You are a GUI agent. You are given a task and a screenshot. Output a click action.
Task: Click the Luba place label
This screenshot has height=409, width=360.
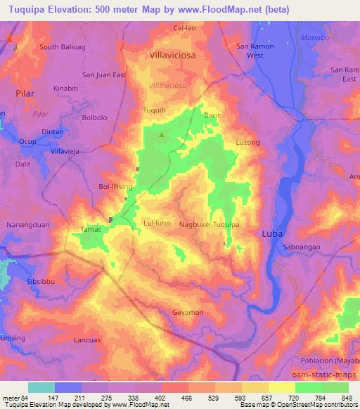[272, 233]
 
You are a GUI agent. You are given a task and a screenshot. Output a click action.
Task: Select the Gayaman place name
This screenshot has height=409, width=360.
[188, 312]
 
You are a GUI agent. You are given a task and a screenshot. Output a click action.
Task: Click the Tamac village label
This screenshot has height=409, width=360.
[92, 230]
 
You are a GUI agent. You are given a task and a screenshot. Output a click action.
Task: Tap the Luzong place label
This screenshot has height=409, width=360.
[247, 143]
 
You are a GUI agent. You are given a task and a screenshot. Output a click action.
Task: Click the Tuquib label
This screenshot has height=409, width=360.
[154, 111]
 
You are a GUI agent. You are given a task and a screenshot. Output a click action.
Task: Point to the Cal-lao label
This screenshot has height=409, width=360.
[186, 28]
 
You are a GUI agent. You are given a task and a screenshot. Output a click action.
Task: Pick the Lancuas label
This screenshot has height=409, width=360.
[88, 339]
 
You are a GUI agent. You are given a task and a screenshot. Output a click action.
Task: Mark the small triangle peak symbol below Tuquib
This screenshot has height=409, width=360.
[162, 134]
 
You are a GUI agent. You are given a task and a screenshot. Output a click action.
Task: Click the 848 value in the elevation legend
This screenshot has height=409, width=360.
[347, 398]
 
